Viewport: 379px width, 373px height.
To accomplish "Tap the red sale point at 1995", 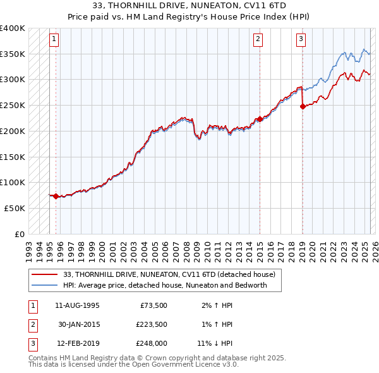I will click(56, 197).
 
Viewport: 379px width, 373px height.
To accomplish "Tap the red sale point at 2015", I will click(260, 119).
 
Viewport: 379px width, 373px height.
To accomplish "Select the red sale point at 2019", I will click(302, 106).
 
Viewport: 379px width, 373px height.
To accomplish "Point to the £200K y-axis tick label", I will click(13, 131).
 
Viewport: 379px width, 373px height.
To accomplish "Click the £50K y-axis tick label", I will click(15, 208).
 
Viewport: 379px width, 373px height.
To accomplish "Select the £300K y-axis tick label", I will click(13, 80).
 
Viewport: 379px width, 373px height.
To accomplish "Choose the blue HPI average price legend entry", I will click(165, 285).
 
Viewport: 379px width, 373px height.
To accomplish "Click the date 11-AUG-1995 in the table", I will click(77, 305).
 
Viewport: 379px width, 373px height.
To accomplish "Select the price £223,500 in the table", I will click(151, 325).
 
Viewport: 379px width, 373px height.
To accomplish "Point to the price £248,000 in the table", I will click(151, 345).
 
